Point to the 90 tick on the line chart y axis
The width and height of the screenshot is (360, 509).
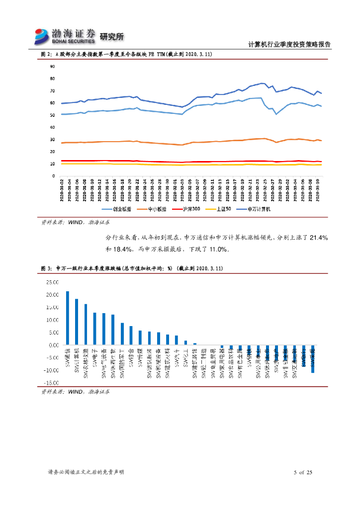pos(52,67)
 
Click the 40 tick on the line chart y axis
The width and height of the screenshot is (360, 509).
pos(52,127)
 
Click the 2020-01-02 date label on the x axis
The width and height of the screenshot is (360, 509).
pos(62,189)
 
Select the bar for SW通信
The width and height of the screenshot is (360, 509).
pos(68,318)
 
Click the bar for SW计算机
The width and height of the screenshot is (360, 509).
pos(77,322)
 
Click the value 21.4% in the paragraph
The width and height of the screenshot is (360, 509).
pos(318,239)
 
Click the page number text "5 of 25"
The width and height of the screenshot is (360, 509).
pos(303,472)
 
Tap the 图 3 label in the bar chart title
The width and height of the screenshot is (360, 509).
pos(46,268)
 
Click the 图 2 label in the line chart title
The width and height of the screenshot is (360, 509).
pos(46,54)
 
